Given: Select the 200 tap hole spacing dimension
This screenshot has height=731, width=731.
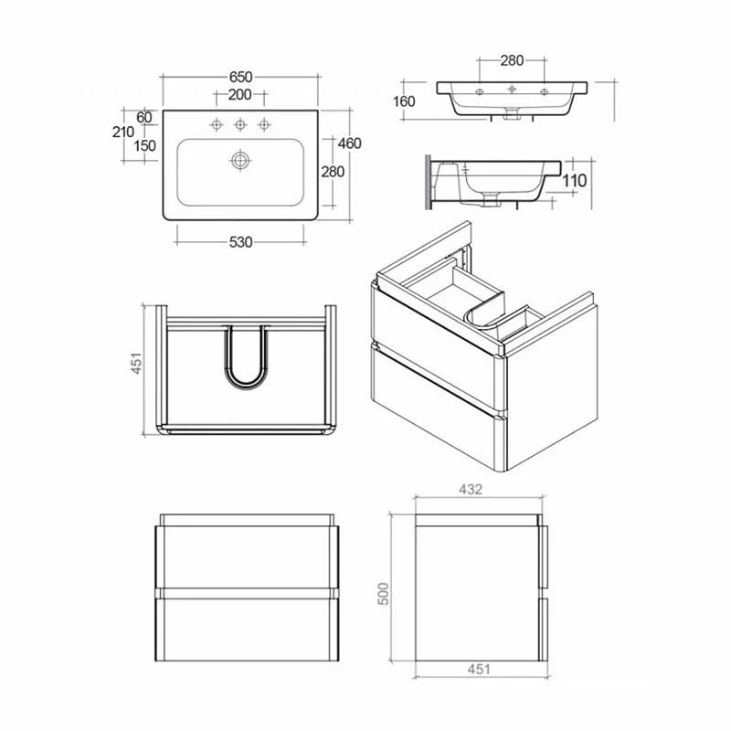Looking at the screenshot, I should click(239, 95).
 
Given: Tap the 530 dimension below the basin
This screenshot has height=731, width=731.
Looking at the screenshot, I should click(240, 242).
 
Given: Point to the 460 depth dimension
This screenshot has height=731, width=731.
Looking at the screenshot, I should click(350, 143).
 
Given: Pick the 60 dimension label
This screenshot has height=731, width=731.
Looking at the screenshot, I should click(143, 117).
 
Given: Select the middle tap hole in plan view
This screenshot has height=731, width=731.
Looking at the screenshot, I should click(240, 124).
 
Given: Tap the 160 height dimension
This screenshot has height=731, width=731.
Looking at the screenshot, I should click(405, 101).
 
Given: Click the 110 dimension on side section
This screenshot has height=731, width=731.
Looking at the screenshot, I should click(574, 181).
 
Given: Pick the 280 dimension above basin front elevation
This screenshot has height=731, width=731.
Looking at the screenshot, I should click(512, 61).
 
